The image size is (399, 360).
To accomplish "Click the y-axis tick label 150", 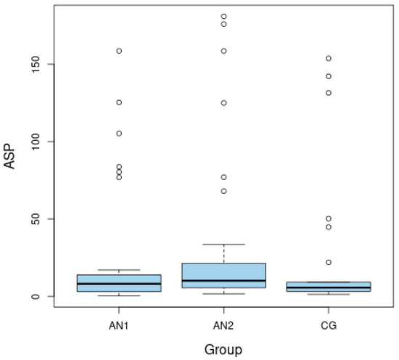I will [34, 64].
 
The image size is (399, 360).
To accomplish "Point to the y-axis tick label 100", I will [34, 142].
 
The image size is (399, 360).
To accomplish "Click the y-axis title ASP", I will [11, 155].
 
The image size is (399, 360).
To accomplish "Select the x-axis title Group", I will [223, 349].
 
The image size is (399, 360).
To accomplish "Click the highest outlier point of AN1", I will [119, 51].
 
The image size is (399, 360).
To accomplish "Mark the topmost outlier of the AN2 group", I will [223, 16].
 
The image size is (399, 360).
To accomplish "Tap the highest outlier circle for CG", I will [329, 58].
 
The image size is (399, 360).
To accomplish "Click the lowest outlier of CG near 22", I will [329, 262].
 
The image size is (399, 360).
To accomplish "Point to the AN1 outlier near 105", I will [119, 134].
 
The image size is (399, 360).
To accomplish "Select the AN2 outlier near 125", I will [223, 103].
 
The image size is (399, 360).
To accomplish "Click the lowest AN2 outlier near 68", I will [223, 191].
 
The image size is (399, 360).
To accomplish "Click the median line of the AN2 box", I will [223, 280].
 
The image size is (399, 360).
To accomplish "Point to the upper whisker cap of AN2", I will [223, 245].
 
